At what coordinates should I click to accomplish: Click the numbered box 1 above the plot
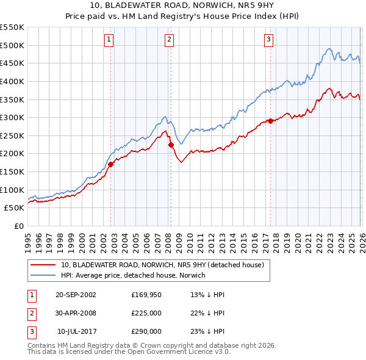pyautogui.click(x=109, y=40)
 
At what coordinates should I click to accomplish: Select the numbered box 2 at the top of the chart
pyautogui.click(x=169, y=40)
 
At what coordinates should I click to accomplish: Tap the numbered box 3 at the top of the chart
pyautogui.click(x=268, y=40)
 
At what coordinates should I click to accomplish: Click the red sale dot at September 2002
pyautogui.click(x=111, y=164)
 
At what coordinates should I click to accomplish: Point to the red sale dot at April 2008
pyautogui.click(x=171, y=145)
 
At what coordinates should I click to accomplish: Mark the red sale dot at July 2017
pyautogui.click(x=271, y=121)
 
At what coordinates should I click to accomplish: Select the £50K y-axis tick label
pyautogui.click(x=15, y=208)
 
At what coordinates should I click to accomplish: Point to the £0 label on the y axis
pyautogui.click(x=19, y=226)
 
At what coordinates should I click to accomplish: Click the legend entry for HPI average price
pyautogui.click(x=133, y=275)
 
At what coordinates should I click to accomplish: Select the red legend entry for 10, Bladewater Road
pyautogui.click(x=162, y=265)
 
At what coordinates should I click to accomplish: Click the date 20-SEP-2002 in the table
pyautogui.click(x=76, y=295)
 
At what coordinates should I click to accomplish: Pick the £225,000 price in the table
pyautogui.click(x=146, y=313)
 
